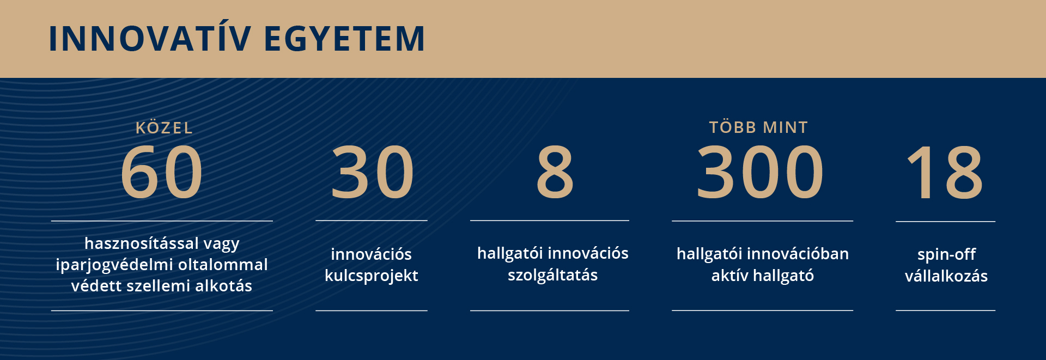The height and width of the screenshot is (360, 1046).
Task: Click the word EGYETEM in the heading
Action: tap(344, 39)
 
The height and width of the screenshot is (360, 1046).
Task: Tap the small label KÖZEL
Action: tap(164, 127)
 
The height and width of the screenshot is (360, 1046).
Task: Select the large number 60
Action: tap(161, 173)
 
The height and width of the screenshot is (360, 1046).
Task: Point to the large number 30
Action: tap(372, 173)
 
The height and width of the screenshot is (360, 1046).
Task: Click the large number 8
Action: tap(555, 173)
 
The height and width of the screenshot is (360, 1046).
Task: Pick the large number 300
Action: tap(760, 173)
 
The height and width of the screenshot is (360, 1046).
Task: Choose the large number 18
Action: tap(945, 173)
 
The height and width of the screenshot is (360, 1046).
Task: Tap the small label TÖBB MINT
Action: tap(759, 127)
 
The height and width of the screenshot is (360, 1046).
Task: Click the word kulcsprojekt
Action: tap(372, 276)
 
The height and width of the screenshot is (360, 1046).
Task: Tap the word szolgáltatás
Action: tap(553, 275)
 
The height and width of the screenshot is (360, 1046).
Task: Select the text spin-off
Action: tap(946, 255)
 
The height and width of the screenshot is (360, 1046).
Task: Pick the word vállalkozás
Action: tap(946, 276)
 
